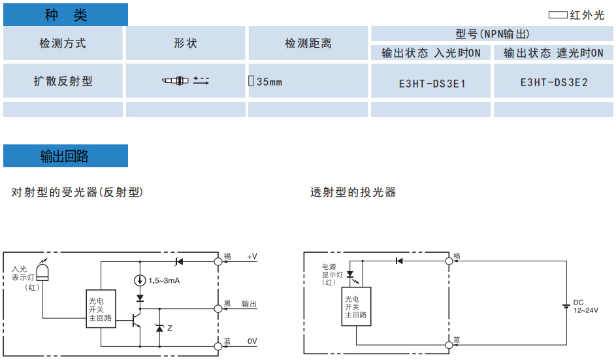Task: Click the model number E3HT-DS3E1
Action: [x=432, y=83]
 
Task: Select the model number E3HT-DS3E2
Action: [x=554, y=82]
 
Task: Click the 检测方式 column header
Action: [x=63, y=44]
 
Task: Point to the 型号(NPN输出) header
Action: [x=493, y=34]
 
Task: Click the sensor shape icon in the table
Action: [x=186, y=81]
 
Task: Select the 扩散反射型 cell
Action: [x=63, y=81]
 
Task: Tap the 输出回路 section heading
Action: [x=65, y=157]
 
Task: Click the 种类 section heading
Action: [x=65, y=15]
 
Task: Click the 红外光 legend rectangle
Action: [x=558, y=15]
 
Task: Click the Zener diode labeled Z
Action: [x=159, y=327]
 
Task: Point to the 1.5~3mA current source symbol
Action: [x=140, y=281]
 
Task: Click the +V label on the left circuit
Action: [x=252, y=256]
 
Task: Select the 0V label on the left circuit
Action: [x=252, y=341]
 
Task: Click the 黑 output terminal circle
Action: [x=218, y=307]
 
